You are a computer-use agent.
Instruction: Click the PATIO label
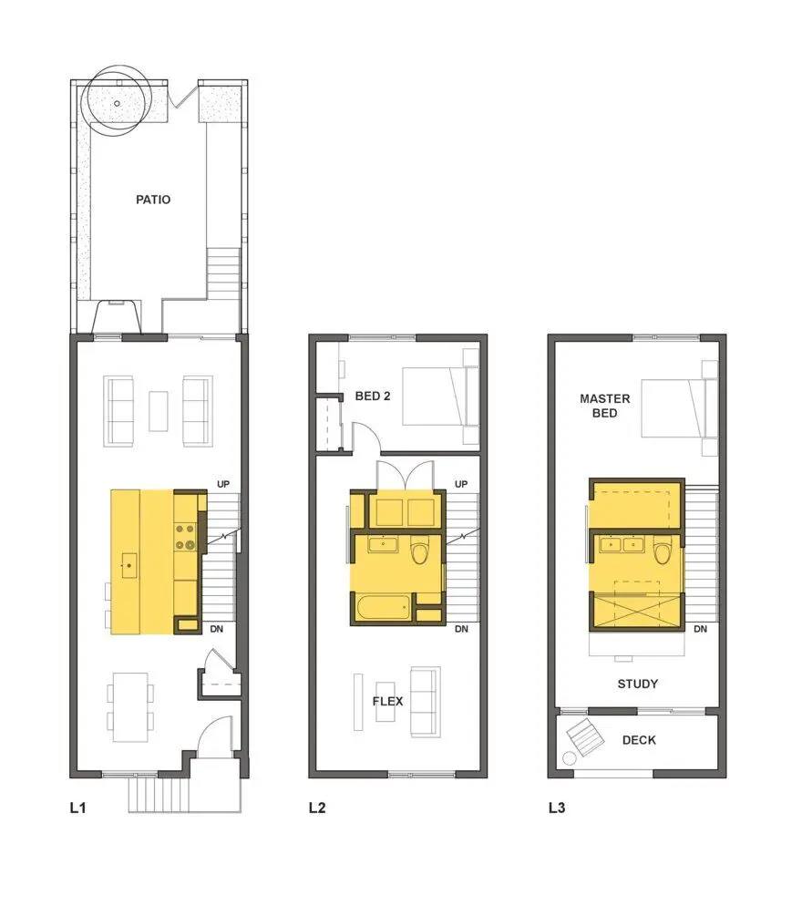click(153, 200)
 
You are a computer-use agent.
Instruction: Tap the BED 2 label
click(373, 396)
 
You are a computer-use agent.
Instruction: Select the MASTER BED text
click(604, 406)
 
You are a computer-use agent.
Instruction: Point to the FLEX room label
click(388, 701)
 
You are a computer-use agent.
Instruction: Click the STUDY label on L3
click(637, 684)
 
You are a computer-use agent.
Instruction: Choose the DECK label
click(639, 740)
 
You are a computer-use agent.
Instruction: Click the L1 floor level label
click(77, 808)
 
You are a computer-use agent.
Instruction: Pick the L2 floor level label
click(317, 808)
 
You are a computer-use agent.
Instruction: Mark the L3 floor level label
click(557, 808)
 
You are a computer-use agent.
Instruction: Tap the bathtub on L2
click(383, 608)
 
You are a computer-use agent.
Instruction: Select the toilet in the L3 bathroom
click(662, 551)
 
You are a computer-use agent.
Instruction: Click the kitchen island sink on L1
click(129, 565)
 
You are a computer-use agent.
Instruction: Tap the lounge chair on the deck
click(585, 737)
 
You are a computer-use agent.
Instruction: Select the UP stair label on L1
click(223, 484)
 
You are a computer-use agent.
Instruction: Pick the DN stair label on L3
click(700, 629)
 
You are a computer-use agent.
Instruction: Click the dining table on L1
click(129, 707)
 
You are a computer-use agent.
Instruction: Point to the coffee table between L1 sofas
click(159, 411)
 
